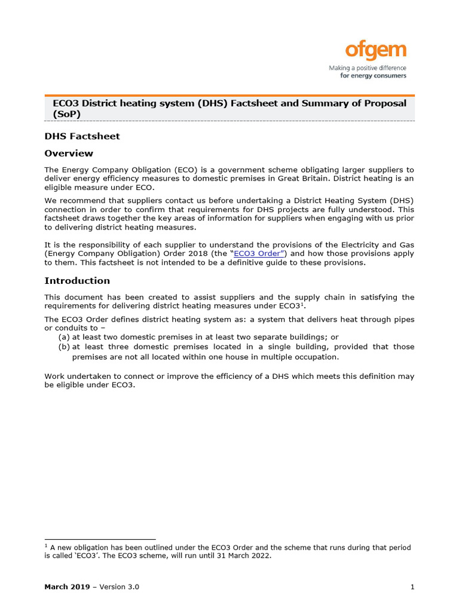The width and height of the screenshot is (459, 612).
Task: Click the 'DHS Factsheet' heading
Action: click(x=82, y=136)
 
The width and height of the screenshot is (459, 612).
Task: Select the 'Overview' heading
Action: click(x=69, y=154)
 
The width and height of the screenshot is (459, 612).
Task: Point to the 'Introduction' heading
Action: click(x=77, y=281)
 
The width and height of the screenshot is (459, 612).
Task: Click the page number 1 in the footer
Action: click(x=412, y=587)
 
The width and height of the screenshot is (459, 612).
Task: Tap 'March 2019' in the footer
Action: click(x=66, y=587)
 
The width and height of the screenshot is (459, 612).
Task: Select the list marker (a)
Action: click(x=64, y=337)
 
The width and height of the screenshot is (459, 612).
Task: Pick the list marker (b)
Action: click(x=64, y=347)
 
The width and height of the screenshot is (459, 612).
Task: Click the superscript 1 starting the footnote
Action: click(x=46, y=546)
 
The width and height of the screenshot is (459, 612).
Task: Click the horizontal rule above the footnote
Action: click(x=100, y=539)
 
